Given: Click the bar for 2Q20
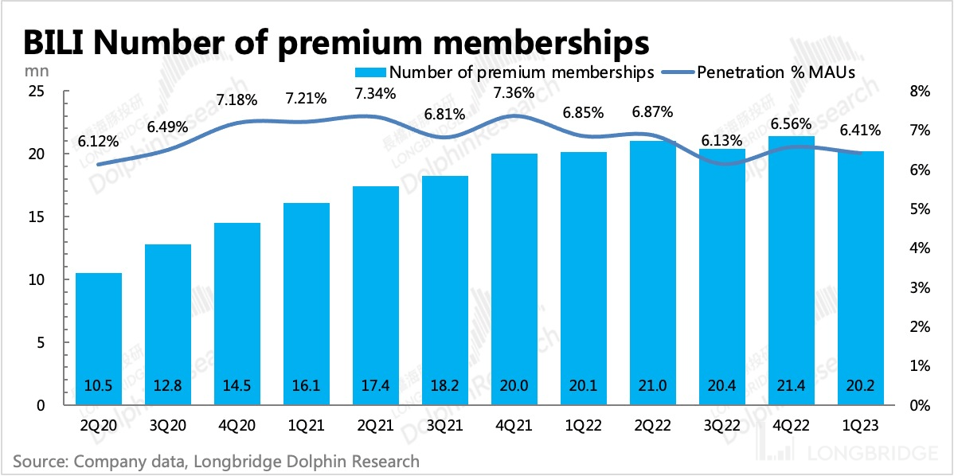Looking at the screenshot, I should (98, 338).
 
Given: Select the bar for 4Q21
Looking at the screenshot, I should (514, 279).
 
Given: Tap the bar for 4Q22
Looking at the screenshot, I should (791, 271).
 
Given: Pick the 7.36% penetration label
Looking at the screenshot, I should (514, 92).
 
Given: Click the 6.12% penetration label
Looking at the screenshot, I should (98, 142).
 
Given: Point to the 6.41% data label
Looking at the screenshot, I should (860, 130).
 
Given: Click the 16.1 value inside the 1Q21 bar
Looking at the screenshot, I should (307, 386).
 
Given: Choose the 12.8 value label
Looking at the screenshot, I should (168, 386).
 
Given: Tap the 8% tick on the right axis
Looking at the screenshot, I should (920, 92).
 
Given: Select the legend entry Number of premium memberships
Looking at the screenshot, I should (510, 72).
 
